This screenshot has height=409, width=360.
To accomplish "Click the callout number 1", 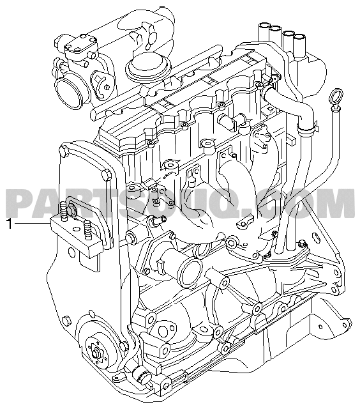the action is tap(10, 224).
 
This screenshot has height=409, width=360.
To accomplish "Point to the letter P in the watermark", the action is tap(20, 203).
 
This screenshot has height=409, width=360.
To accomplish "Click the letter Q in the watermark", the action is tap(232, 204).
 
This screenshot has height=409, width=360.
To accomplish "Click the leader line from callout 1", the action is tap(31, 224).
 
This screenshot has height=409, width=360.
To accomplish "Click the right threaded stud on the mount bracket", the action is tap(88, 230).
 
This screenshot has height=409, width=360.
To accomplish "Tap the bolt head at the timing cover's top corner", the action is tap(64, 151).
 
